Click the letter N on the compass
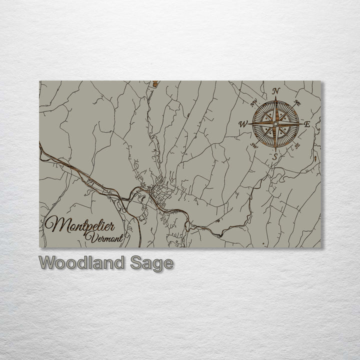click(275, 91)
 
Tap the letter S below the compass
click(274, 156)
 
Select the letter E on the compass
click(307, 124)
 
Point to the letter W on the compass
click(243, 123)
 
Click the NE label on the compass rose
click(297, 103)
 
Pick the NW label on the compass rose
click(254, 103)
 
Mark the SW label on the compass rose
click(254, 145)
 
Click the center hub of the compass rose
click(275, 123)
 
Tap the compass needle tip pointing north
click(275, 97)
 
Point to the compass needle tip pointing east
click(302, 123)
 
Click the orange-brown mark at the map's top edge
click(155, 84)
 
